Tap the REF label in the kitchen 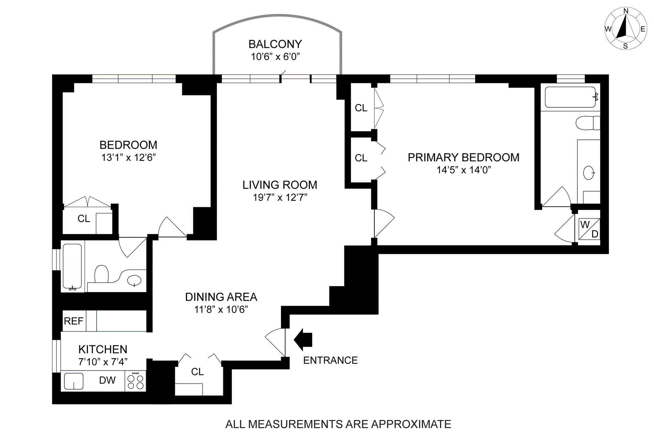[x=74, y=321]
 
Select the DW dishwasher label [x=107, y=380]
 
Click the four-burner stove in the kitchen [x=135, y=381]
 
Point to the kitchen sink [x=74, y=381]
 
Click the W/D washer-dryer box [x=589, y=229]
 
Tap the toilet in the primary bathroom [x=588, y=123]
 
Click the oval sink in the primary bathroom [x=589, y=173]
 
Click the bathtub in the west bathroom [x=72, y=267]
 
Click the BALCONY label [x=275, y=44]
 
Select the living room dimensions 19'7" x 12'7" [x=280, y=197]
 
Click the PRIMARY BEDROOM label [x=464, y=157]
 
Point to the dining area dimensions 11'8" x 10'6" [x=221, y=310]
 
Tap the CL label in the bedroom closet [x=84, y=219]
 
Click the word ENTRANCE [x=330, y=360]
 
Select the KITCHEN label [x=103, y=349]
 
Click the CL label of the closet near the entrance [x=198, y=372]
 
